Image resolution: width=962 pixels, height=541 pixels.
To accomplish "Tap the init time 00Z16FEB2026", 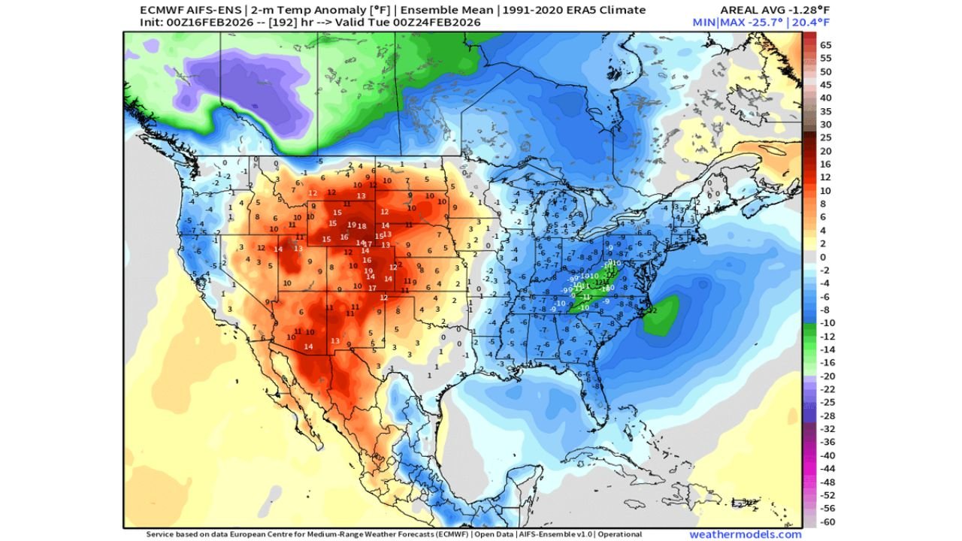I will pos(211,23).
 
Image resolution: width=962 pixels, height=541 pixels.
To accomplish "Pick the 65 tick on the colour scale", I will pos(825,44).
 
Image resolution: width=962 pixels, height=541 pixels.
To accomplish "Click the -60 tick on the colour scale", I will pos(826,521).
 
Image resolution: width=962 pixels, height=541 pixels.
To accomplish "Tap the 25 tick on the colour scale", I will pos(825,138).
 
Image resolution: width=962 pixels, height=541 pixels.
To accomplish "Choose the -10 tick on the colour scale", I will pos(826,323).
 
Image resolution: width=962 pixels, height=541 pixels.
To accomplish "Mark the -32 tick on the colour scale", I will pos(826,428).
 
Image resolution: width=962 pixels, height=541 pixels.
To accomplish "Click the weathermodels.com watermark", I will pos(745,534).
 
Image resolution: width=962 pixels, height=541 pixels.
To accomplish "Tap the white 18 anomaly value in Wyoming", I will pos(362,226).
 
